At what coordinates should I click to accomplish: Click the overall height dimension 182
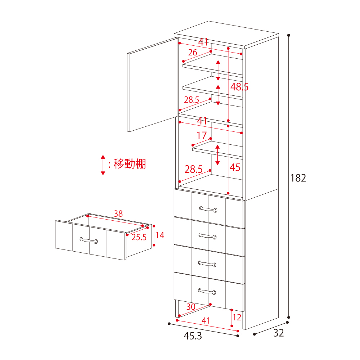point(298,178)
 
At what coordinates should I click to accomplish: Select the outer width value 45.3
point(193,336)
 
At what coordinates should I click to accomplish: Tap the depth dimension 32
point(279,333)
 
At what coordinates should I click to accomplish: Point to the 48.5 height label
point(239,87)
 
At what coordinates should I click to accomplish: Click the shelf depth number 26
point(193,52)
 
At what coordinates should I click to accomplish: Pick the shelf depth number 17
point(202,135)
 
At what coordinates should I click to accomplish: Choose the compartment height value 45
point(235,167)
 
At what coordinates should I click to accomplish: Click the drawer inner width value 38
point(118,213)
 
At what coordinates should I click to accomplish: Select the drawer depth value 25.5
point(139,237)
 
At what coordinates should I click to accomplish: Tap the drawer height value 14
point(160,235)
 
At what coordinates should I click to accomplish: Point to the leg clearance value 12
point(237,317)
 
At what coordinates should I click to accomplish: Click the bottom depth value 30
point(191,307)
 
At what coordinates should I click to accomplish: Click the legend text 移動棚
point(130,164)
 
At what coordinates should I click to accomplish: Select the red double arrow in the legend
point(103,165)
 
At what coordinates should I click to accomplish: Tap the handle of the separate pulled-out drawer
point(89,240)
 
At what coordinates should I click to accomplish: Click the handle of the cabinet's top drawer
point(208,209)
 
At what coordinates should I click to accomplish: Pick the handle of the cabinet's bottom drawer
point(207,292)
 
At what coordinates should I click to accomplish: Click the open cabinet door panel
point(152,85)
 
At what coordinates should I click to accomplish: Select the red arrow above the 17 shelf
point(218,155)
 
